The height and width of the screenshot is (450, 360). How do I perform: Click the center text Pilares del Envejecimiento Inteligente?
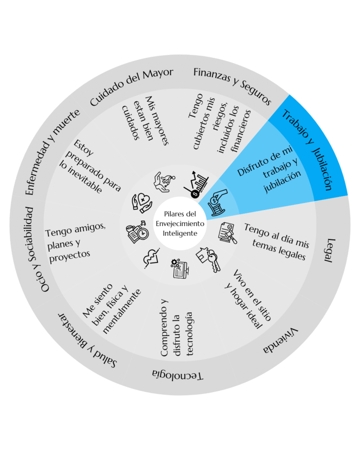[180, 224]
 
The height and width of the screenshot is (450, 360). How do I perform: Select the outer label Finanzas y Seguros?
[232, 85]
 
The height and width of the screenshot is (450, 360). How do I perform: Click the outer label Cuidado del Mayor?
[131, 86]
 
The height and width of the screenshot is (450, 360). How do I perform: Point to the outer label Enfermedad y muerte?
[52, 152]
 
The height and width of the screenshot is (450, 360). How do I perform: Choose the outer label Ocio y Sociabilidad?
[38, 249]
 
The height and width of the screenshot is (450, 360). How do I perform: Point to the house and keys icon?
[209, 259]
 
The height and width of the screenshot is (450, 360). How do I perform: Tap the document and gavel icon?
[228, 232]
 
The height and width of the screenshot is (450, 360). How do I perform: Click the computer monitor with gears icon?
[180, 268]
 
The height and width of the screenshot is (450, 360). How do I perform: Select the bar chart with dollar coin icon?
[196, 185]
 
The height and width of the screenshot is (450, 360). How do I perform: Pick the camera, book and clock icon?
[137, 232]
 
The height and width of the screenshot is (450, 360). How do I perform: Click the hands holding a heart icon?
[142, 203]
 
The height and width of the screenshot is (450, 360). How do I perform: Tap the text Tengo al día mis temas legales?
[277, 242]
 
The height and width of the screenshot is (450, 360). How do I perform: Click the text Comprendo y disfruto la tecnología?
[176, 328]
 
